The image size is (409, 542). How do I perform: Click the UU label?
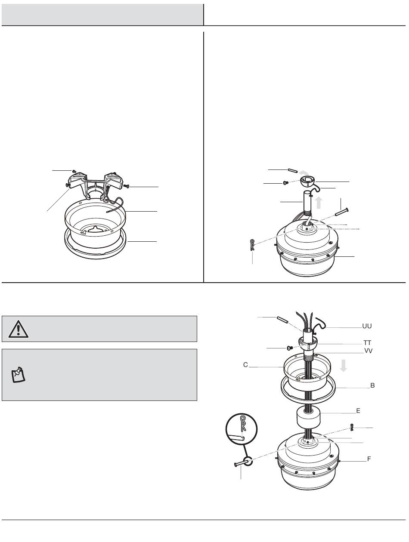pyautogui.click(x=367, y=326)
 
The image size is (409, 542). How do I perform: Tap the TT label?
pyautogui.click(x=367, y=343)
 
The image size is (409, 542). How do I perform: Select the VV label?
pyautogui.click(x=368, y=351)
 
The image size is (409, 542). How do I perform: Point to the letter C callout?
pyautogui.click(x=245, y=365)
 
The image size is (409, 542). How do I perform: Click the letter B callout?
pyautogui.click(x=372, y=385)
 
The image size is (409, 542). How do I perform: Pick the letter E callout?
pyautogui.click(x=358, y=411)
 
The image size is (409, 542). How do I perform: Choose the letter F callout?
pyautogui.click(x=369, y=459)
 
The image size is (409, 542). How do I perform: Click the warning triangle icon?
pyautogui.click(x=18, y=329)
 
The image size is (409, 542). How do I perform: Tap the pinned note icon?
pyautogui.click(x=19, y=375)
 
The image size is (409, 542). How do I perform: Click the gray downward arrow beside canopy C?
pyautogui.click(x=343, y=366)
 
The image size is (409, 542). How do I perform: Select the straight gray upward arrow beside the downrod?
pyautogui.click(x=319, y=203)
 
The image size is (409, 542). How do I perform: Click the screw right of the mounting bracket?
pyautogui.click(x=126, y=185)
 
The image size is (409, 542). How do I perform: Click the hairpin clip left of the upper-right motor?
pyautogui.click(x=252, y=245)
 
